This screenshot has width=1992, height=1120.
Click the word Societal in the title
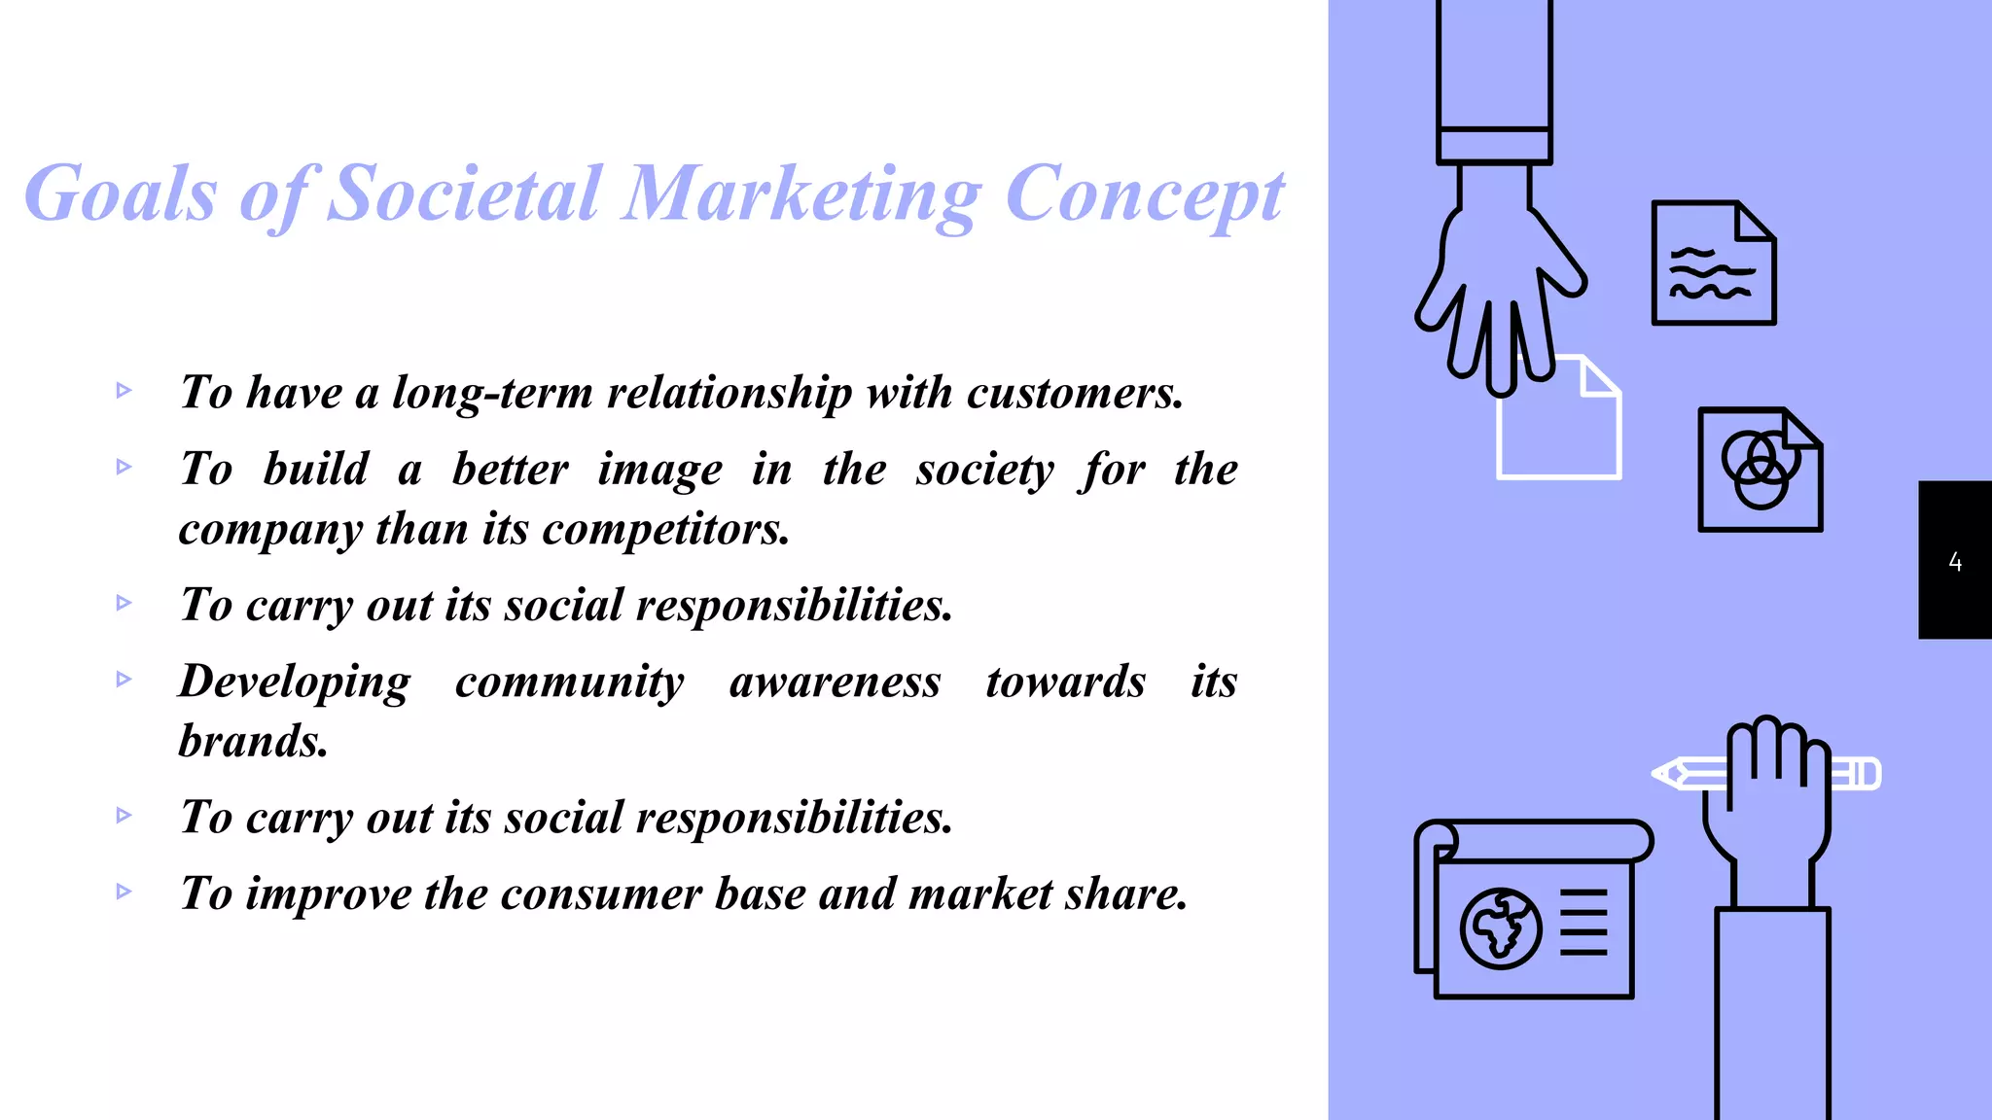(464, 194)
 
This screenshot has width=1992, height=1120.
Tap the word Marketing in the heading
(801, 194)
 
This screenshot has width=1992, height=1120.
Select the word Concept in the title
(1144, 194)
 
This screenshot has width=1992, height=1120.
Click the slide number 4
(1955, 562)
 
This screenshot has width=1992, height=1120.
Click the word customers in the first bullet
(1074, 393)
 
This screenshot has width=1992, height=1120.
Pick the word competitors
(665, 530)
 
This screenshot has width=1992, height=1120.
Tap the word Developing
(295, 682)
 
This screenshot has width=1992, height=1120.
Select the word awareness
(835, 682)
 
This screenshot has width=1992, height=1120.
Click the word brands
(253, 742)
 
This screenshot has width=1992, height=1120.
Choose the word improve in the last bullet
(328, 894)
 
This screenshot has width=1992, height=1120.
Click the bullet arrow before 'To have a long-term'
(124, 391)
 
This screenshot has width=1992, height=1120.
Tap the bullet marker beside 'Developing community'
(124, 679)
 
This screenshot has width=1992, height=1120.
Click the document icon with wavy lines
(1713, 264)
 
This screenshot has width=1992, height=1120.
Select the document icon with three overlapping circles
(1759, 471)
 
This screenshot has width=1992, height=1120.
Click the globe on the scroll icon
(1500, 928)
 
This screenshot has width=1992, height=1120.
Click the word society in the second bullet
(984, 471)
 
